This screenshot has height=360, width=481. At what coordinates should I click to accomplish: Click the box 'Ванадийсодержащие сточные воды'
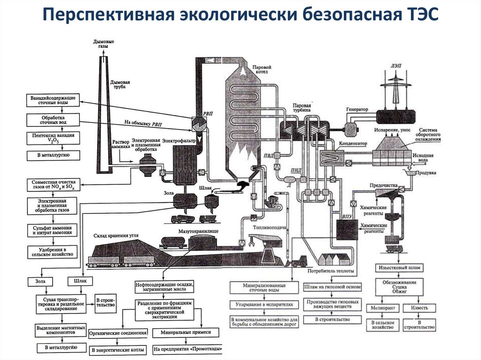point(52,100)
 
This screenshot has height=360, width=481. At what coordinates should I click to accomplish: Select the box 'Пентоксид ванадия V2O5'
point(52,138)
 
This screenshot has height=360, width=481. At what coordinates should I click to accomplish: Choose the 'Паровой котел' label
point(262,70)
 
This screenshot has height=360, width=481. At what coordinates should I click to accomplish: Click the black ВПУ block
point(347,229)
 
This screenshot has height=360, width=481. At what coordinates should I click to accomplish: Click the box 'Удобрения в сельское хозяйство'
point(52,251)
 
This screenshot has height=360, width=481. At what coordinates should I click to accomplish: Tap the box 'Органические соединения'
point(117,333)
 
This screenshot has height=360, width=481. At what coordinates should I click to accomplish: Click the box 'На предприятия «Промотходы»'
point(187,349)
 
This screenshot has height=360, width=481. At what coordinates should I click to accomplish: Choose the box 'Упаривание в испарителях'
point(264,304)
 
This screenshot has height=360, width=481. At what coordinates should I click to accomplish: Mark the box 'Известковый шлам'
point(401,268)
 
